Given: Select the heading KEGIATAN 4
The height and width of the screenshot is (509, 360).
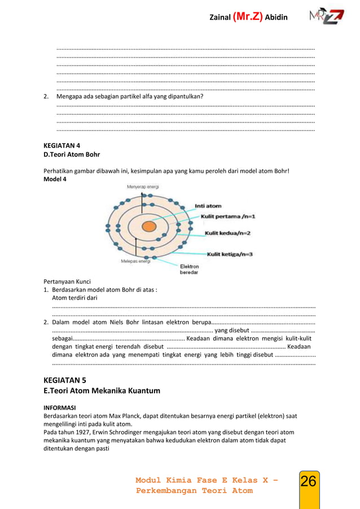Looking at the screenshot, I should tap(62, 145).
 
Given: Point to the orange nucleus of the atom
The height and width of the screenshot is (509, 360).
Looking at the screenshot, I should tap(149, 226).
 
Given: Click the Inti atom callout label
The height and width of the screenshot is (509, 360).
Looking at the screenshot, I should tap(208, 205).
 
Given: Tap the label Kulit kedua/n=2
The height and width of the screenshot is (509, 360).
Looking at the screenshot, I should tap(227, 232).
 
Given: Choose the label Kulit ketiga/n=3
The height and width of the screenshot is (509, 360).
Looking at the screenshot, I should tap(230, 254).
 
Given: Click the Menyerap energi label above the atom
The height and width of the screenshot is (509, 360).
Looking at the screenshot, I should tap(143, 186).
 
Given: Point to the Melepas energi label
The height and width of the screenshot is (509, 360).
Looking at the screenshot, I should tap(135, 261).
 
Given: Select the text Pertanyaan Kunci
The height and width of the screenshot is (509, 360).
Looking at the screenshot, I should tap(67, 282).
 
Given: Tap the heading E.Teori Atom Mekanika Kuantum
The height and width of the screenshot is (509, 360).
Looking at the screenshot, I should tap(102, 390).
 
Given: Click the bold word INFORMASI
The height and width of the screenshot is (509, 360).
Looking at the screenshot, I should tap(60, 406).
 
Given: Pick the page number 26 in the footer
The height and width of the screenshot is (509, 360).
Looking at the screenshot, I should tap(308, 482).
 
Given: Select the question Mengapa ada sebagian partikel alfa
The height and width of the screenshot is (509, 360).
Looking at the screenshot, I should tap(130, 96).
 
